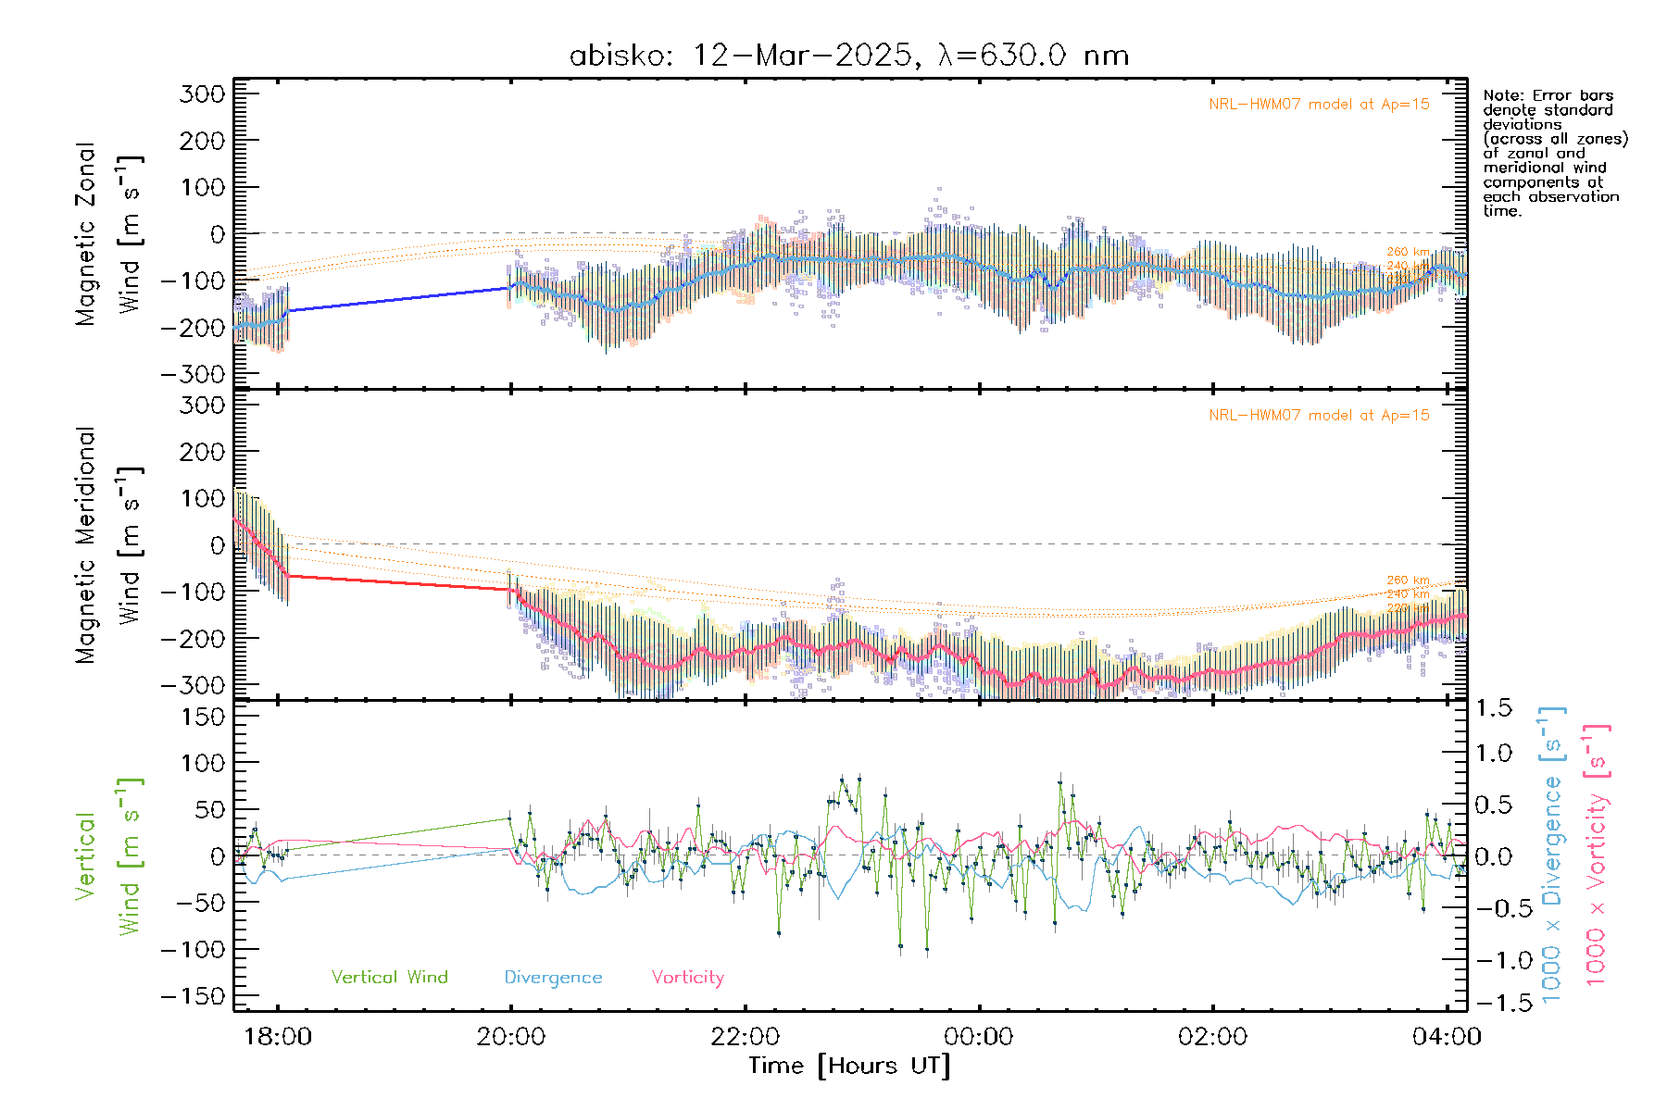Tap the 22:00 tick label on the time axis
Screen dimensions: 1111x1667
tap(746, 1036)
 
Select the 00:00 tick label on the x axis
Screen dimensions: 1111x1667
tap(979, 1036)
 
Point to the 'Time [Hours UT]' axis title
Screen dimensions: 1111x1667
tap(849, 1066)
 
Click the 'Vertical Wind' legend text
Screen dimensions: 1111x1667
tap(389, 978)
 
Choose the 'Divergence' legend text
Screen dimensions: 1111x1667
tap(553, 978)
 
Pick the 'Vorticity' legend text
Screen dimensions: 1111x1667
tap(687, 978)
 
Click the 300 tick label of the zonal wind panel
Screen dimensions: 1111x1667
tap(202, 94)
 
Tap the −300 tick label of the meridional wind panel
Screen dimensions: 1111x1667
tap(193, 685)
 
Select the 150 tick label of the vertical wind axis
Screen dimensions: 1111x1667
tap(202, 717)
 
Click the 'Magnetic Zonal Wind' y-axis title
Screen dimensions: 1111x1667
tap(109, 233)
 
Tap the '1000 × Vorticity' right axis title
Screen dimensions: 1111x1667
tap(1597, 854)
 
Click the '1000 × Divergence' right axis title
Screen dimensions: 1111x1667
tap(1552, 854)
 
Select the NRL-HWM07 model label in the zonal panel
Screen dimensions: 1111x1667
tap(1319, 105)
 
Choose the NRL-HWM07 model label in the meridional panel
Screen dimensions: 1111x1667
tap(1319, 416)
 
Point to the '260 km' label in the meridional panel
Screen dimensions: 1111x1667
tap(1408, 580)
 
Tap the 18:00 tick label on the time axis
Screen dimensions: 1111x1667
tap(278, 1036)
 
